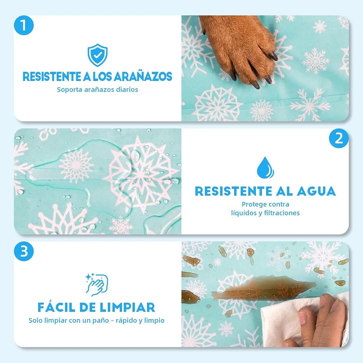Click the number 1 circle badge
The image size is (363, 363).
[24, 25]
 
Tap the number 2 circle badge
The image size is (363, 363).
[339, 138]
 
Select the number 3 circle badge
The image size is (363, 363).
[24, 252]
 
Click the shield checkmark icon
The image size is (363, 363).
[97, 55]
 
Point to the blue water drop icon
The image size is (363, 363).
[265, 168]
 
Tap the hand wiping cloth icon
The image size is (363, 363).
[97, 285]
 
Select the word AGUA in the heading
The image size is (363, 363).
[316, 191]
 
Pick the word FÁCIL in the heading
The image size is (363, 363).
[56, 307]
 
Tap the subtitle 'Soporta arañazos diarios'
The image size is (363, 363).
[97, 89]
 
